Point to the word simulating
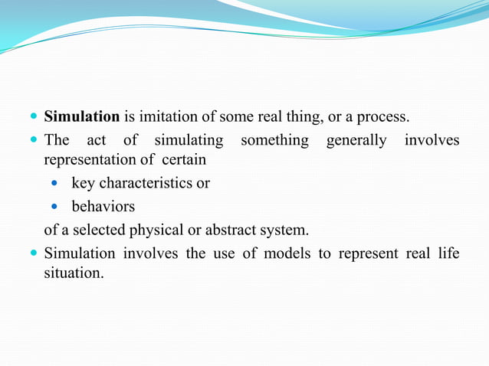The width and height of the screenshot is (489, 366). (189, 140)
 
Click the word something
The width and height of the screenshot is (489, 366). (274, 140)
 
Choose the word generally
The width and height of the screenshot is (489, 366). (356, 141)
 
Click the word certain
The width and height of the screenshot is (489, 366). (184, 162)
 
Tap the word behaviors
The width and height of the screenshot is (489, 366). (103, 206)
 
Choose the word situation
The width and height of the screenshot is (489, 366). (74, 273)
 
